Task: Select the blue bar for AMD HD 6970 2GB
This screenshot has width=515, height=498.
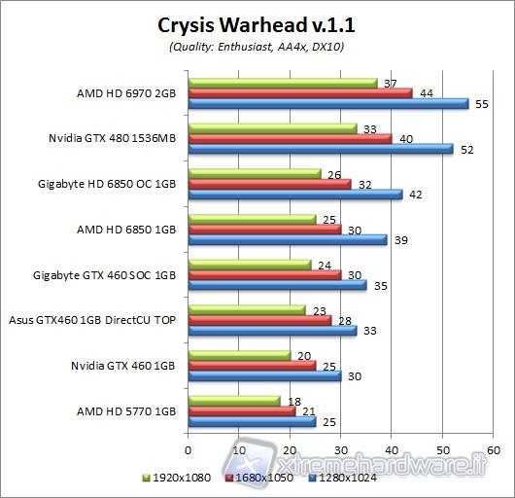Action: [327, 103]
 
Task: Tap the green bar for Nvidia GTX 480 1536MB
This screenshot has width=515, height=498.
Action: [272, 127]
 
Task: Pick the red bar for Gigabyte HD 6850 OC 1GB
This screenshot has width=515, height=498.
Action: [269, 183]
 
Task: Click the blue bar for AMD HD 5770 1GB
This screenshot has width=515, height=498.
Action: [252, 421]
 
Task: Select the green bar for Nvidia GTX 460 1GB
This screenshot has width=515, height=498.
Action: [239, 355]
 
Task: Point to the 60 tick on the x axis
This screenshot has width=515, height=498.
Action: [494, 450]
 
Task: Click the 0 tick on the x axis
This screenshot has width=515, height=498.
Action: [188, 450]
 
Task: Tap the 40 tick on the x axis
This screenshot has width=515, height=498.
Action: [392, 450]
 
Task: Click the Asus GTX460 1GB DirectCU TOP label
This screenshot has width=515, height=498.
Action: [93, 320]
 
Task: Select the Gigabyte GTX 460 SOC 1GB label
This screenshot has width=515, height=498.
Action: [105, 275]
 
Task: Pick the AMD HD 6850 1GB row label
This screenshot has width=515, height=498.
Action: [126, 230]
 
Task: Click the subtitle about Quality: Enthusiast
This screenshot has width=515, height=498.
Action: [257, 47]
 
